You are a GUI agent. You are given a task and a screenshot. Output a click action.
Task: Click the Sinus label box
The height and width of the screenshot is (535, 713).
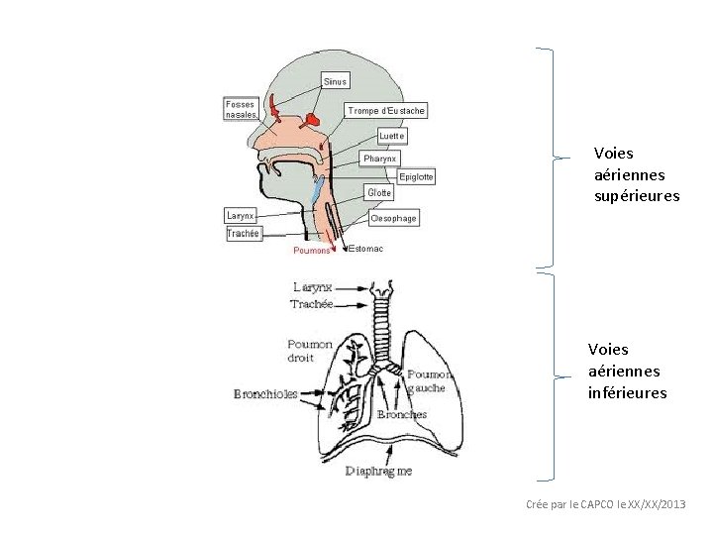[336, 80]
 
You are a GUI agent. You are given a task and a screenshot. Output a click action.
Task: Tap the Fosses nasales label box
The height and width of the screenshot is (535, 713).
[241, 109]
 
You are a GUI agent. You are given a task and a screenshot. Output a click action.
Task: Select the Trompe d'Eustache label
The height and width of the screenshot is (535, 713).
[386, 111]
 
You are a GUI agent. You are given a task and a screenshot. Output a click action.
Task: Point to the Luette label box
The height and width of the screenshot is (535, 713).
[392, 135]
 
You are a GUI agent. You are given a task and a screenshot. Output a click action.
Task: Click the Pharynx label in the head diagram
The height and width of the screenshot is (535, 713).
[380, 159]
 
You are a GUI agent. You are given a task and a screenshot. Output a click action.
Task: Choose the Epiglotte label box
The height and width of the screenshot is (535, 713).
[416, 176]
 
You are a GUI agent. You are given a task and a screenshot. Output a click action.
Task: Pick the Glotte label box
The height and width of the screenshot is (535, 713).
[379, 192]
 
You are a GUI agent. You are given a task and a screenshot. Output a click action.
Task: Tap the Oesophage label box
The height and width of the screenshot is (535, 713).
[393, 217]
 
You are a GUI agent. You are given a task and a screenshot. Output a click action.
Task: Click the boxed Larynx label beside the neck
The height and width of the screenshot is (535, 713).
[241, 215]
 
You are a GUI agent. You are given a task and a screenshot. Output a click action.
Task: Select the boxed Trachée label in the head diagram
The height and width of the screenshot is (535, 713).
[244, 234]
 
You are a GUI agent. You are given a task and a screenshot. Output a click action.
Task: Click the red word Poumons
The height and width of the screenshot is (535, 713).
[312, 251]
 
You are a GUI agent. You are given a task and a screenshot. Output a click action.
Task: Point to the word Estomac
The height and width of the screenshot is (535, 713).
[366, 250]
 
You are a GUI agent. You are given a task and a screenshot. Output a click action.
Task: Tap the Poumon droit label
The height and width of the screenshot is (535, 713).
[310, 351]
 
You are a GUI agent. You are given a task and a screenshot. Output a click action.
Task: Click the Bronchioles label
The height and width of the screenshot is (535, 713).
[265, 394]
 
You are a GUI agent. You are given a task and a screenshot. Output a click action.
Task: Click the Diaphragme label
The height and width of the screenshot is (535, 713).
[378, 472]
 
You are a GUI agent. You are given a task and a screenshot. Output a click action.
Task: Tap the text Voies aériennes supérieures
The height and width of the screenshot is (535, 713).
[637, 174]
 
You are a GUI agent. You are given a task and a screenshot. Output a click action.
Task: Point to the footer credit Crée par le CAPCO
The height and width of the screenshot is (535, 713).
[604, 505]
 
